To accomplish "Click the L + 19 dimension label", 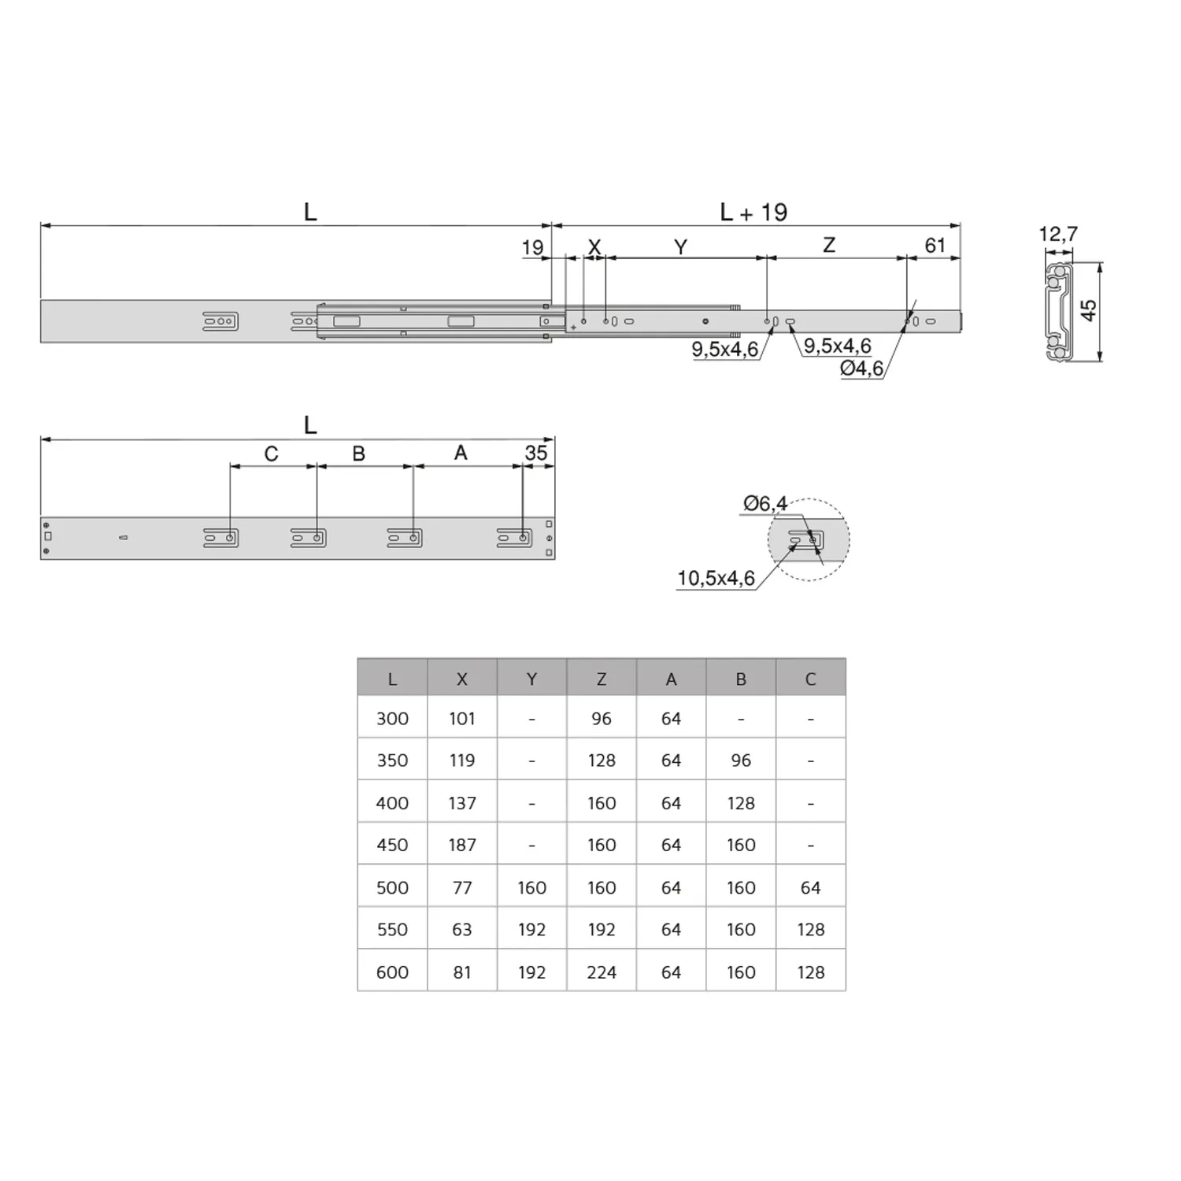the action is (753, 212).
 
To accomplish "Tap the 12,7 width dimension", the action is (1058, 234).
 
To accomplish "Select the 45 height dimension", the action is (1088, 310).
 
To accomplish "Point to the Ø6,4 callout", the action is (765, 503).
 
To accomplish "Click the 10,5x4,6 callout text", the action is (716, 578).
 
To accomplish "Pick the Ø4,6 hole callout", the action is (861, 368).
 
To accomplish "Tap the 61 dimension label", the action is (935, 246).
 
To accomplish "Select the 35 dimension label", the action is (536, 453).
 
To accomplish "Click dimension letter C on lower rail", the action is (271, 454).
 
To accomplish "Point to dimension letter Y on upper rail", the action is (681, 247).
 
